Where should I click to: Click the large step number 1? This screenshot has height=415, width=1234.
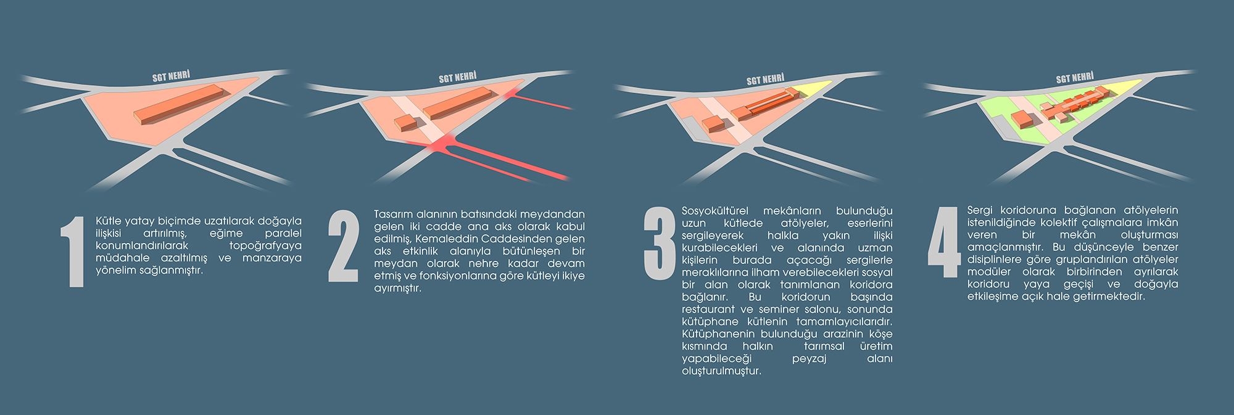pos(74,251)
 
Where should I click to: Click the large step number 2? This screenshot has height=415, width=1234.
pos(343,246)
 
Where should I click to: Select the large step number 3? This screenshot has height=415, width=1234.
pos(660,244)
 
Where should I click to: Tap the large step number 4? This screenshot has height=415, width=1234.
pos(944,242)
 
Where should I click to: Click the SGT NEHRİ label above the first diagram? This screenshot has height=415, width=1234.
pos(171,76)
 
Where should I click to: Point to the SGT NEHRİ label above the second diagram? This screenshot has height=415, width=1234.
pos(457,78)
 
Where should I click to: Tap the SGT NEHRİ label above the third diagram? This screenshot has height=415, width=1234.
pos(765,80)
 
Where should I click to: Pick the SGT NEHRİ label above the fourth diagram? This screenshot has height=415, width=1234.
pos(1074,78)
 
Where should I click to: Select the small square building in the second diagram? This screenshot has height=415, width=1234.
pos(405,122)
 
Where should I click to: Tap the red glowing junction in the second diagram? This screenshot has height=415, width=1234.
pos(442,144)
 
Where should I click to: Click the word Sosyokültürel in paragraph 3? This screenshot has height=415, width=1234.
pos(714,211)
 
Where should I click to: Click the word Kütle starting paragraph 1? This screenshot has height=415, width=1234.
pos(109,221)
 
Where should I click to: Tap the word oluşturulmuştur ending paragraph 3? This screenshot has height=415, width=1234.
pos(721,371)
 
